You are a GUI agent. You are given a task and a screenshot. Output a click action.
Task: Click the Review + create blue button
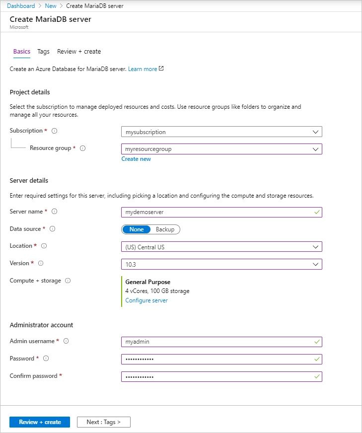tap(40, 422)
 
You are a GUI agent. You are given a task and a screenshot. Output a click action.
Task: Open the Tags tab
tap(43, 52)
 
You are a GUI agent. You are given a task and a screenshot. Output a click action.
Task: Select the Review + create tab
tap(79, 52)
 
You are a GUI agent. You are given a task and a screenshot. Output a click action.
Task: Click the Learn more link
tap(143, 69)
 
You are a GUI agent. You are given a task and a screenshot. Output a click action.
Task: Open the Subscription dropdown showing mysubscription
tap(221, 132)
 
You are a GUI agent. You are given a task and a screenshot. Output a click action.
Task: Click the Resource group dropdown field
tap(221, 149)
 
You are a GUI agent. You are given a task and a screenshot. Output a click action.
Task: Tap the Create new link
tap(136, 159)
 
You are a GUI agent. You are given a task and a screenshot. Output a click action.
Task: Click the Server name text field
tap(221, 212)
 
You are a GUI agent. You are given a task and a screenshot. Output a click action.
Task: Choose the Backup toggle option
tap(165, 229)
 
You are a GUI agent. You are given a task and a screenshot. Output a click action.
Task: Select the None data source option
tap(137, 229)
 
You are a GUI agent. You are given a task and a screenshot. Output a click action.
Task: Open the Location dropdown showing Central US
tap(221, 247)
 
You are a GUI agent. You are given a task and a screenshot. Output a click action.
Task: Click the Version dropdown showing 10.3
tap(221, 264)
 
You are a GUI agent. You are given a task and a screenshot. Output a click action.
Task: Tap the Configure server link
tap(146, 300)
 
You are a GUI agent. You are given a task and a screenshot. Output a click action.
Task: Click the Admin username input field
tap(221, 342)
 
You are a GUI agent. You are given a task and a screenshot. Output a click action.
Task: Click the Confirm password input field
tap(221, 376)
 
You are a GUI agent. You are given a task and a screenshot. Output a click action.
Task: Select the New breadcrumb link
tap(51, 6)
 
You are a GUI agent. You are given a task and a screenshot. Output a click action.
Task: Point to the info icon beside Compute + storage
tap(68, 281)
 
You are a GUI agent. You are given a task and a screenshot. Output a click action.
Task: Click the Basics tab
tap(21, 52)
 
